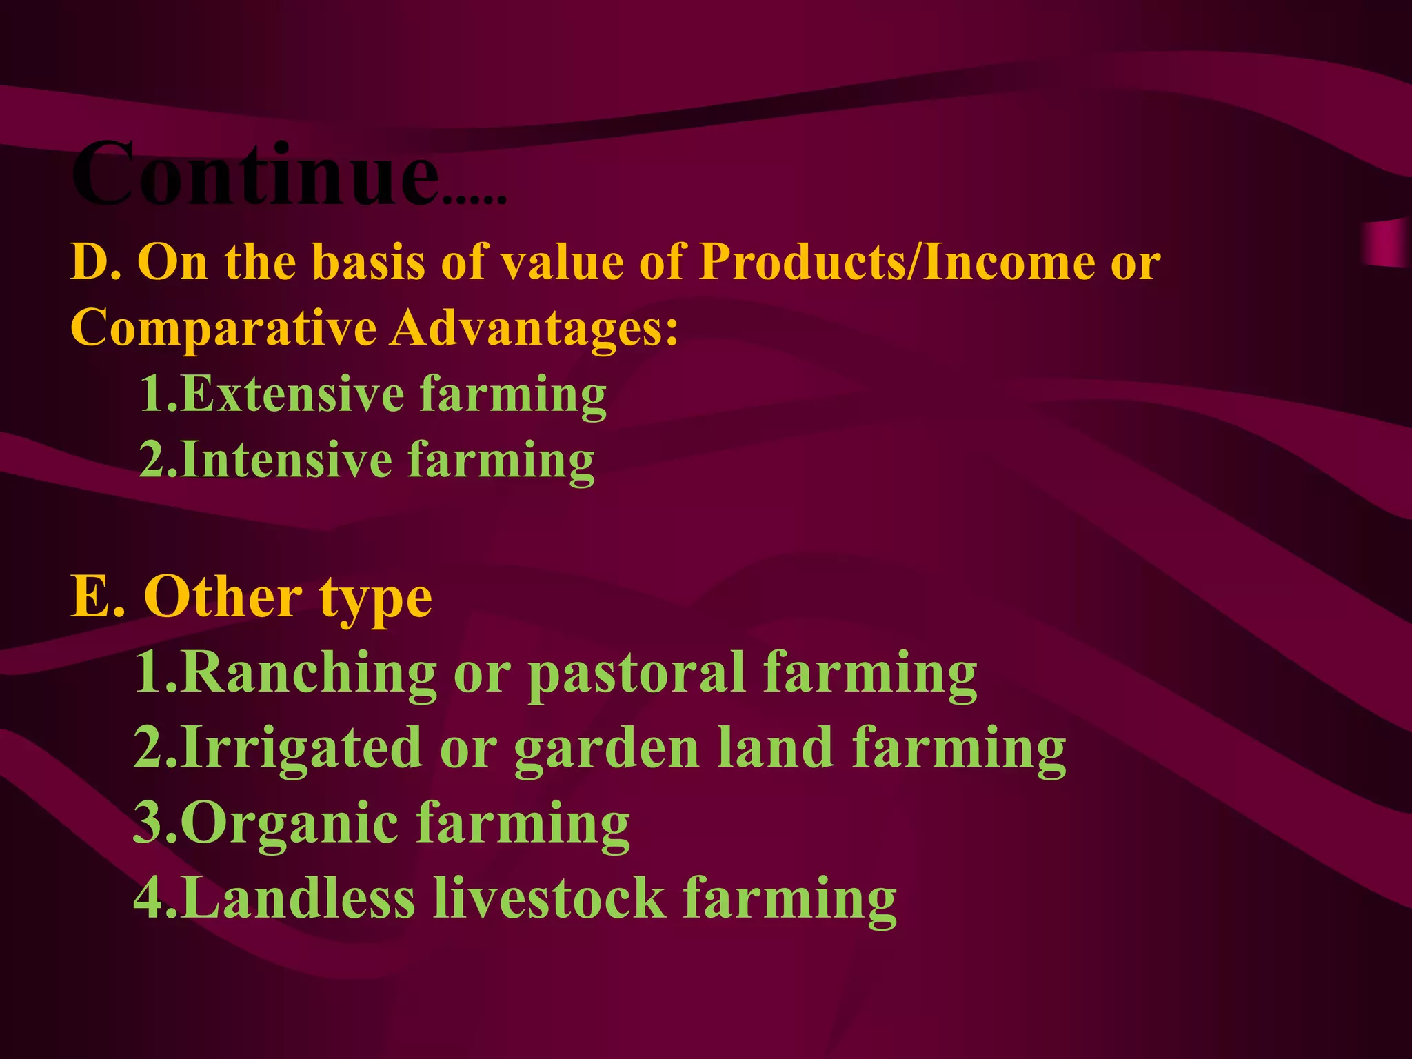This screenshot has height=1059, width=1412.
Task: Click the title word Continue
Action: point(255,174)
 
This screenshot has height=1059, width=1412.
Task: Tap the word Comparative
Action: point(223,328)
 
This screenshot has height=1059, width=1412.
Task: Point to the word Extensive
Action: point(293,394)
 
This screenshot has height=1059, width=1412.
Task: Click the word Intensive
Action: point(287,460)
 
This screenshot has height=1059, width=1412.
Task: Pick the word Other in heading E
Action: point(222,597)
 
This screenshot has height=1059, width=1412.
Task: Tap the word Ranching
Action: point(310,672)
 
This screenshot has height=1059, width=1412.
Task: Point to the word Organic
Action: point(290,823)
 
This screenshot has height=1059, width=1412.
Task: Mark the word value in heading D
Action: point(561,263)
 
